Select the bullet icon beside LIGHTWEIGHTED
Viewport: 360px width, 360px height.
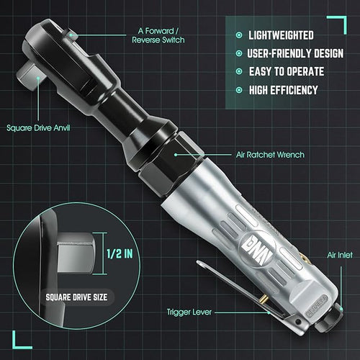tap(238, 35)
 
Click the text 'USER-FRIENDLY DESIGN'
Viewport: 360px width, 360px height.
tap(294, 53)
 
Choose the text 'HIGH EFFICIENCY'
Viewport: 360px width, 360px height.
tap(284, 89)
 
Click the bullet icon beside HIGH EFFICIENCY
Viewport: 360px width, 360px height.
tap(238, 89)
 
